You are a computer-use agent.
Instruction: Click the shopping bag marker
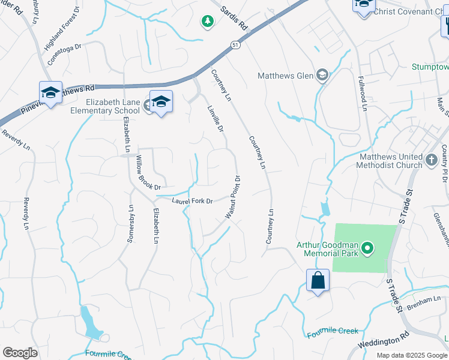(317, 280)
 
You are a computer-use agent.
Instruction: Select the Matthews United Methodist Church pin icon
(431, 160)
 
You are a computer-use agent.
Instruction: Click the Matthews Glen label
(285, 76)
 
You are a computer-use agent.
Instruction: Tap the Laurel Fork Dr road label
(193, 201)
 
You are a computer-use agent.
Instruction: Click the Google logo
(20, 353)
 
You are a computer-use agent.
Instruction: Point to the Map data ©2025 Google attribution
(412, 355)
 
